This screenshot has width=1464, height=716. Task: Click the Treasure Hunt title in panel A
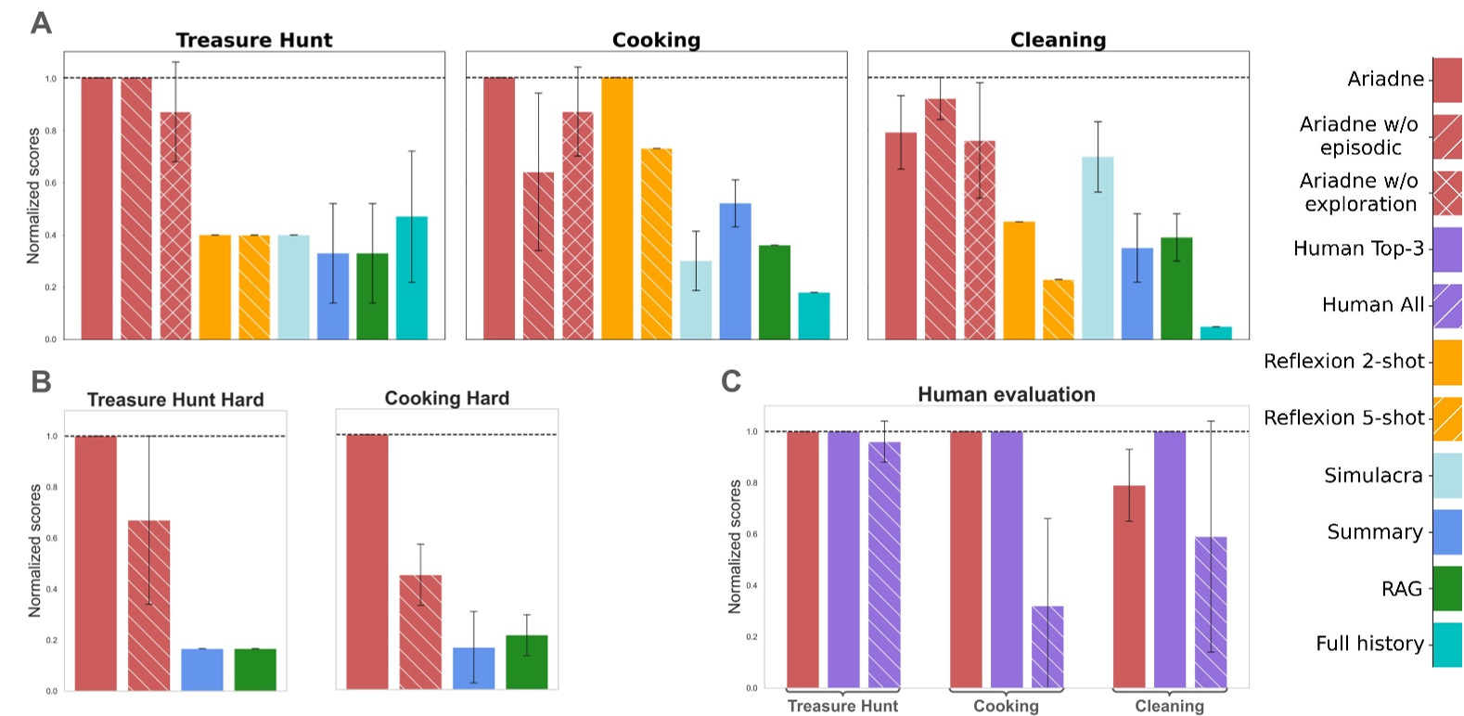pos(253,40)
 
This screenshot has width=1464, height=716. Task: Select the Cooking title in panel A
pos(656,40)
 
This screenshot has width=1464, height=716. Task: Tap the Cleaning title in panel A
pos(1058,40)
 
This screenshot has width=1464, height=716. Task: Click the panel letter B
pos(41,381)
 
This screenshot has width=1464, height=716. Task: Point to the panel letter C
pos(731,381)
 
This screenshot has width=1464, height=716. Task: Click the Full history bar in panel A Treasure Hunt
pos(412,277)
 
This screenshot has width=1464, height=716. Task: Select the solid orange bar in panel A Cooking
pos(617,209)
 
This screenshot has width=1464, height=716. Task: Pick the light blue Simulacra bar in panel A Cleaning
pos(1098,248)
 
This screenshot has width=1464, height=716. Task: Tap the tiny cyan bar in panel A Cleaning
pos(1215,333)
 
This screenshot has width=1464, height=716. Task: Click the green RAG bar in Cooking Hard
pos(526,662)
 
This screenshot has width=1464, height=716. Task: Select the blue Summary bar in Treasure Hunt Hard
pos(201,670)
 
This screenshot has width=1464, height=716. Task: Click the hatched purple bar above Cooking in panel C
pos(1047,647)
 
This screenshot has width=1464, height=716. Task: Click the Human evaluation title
pos(1006,394)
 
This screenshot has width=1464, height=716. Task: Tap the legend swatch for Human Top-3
pos(1447,249)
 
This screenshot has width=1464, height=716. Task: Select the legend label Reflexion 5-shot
pos(1342,417)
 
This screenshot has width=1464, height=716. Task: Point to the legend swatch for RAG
pos(1447,588)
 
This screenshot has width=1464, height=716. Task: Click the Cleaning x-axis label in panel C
pos(1169,706)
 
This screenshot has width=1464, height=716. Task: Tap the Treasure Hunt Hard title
pos(175,400)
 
